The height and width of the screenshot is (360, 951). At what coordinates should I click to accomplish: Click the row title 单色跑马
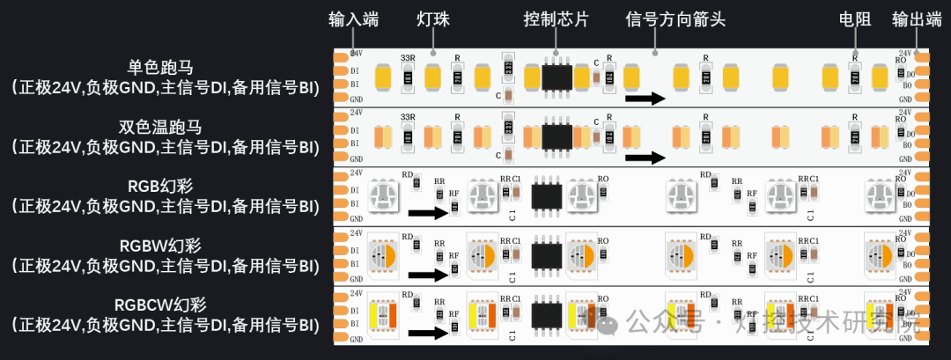coord(159,67)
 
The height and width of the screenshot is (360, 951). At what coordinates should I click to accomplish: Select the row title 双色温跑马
coord(159,127)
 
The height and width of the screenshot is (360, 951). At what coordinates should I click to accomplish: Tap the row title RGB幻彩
coord(159,186)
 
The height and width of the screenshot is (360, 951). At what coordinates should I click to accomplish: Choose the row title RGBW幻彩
coord(159,246)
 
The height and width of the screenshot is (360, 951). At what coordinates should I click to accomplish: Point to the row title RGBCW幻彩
coord(159,305)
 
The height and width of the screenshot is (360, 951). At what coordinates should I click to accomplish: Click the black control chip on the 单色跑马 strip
coord(557,77)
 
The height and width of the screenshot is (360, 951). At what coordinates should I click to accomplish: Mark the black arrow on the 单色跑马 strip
coord(645,99)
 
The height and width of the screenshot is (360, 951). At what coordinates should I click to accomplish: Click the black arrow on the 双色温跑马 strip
coord(645,158)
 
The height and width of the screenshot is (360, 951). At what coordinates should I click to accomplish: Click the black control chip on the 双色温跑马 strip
coord(557,136)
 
